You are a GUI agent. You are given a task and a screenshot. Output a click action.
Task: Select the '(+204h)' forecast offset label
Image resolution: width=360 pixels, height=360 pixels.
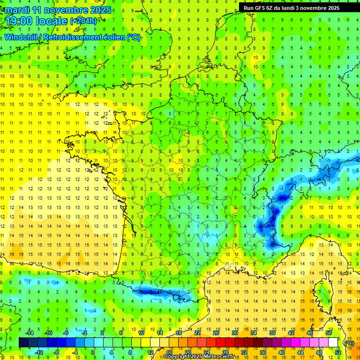coord(83,21)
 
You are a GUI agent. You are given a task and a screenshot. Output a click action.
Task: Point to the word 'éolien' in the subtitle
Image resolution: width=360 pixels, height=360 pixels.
coord(111,37)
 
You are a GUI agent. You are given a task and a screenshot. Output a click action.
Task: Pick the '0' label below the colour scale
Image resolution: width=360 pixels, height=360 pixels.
coord(93,352)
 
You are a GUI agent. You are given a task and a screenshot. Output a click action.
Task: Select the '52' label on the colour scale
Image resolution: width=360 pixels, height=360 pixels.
coord(338,352)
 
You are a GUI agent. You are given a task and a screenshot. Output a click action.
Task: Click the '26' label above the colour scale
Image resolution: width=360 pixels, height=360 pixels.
coord(217,333)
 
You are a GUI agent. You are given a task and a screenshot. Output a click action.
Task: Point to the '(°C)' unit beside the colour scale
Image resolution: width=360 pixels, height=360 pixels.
coord(348,343)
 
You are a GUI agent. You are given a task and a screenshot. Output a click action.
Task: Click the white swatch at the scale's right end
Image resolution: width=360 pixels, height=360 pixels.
coord(333,343)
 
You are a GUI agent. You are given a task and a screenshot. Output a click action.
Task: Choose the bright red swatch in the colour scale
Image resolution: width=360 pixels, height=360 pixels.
coord(221,343)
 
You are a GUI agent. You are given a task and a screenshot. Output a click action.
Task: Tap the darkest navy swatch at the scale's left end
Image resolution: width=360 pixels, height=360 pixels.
coord(24,343)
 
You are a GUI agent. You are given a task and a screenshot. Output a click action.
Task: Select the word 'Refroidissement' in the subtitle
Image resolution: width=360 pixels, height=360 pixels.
coord(70,37)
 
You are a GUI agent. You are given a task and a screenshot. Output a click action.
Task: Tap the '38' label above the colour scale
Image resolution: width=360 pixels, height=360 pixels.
coord(272,333)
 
